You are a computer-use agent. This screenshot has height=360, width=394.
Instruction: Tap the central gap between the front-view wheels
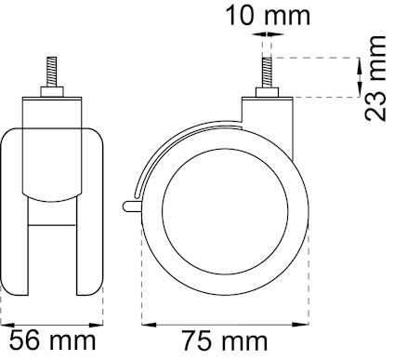pos(55,251)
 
